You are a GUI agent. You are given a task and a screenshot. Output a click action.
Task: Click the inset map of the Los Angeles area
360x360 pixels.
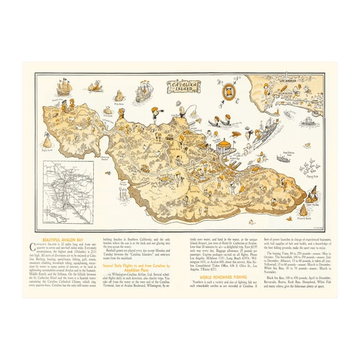[x=67, y=191]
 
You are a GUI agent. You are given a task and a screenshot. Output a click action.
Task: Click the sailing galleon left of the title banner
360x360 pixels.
[x=143, y=91]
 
